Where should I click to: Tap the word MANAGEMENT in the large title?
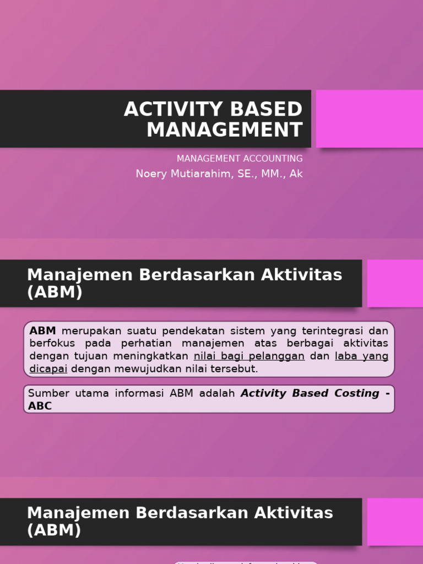pos(225,130)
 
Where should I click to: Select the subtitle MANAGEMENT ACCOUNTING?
pos(240,159)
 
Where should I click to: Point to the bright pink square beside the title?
pos(369,119)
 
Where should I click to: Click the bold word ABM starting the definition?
pos(43,331)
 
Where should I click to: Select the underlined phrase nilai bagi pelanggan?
pos(249,356)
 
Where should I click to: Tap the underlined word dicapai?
pos(48,369)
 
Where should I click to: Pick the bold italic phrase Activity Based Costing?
pos(310,393)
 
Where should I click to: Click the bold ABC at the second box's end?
pos(40,406)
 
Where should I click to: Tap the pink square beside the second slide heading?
pos(395,283)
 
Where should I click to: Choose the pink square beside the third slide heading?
pos(395,522)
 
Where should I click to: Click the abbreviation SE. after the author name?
pos(244,174)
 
